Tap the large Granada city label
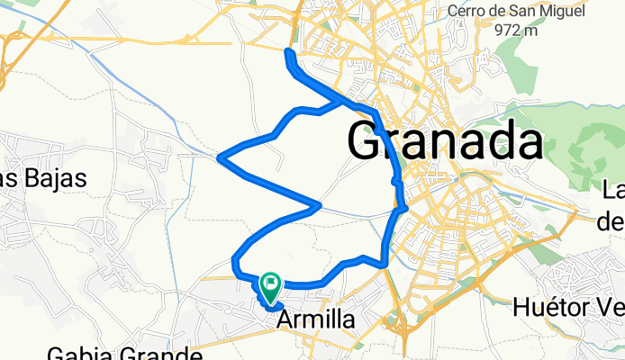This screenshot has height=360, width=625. point(446,142)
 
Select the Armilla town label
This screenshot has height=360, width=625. point(311,319)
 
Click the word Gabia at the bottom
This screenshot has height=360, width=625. point(77,353)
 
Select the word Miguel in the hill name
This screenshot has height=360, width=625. point(561,12)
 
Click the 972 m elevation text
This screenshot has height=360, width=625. point(521,29)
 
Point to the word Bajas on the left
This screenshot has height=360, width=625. point(56,178)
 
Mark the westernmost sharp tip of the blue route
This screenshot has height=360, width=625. point(221,157)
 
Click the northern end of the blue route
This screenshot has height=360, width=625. point(288,52)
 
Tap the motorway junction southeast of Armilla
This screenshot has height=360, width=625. point(393,320)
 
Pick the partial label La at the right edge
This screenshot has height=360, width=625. point(613,190)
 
